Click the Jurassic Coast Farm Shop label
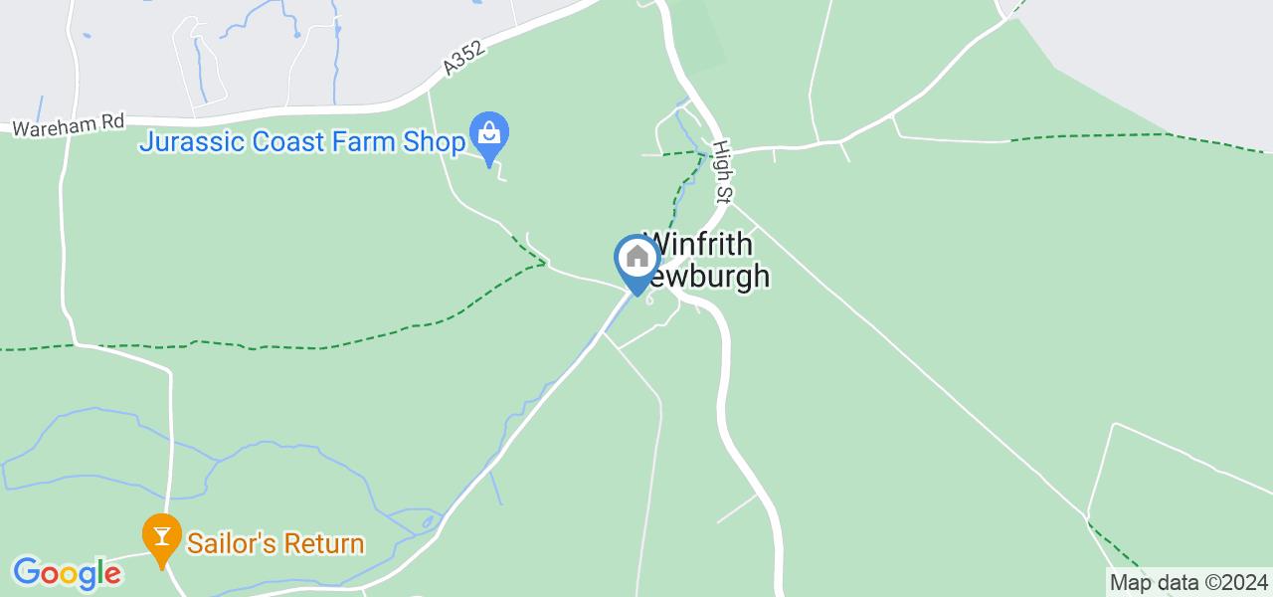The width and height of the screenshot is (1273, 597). click(301, 141)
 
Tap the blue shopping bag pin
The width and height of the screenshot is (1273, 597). click(489, 134)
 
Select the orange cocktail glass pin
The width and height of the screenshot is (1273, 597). click(160, 538)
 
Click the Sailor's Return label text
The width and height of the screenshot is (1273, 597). click(274, 544)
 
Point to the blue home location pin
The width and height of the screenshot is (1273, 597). click(636, 261)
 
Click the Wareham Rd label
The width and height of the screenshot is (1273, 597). click(69, 125)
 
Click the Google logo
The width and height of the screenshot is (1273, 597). click(67, 573)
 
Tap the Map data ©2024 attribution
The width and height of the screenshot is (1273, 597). click(1188, 582)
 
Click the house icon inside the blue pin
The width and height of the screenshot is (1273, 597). click(636, 258)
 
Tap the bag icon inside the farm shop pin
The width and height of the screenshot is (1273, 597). click(489, 131)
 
